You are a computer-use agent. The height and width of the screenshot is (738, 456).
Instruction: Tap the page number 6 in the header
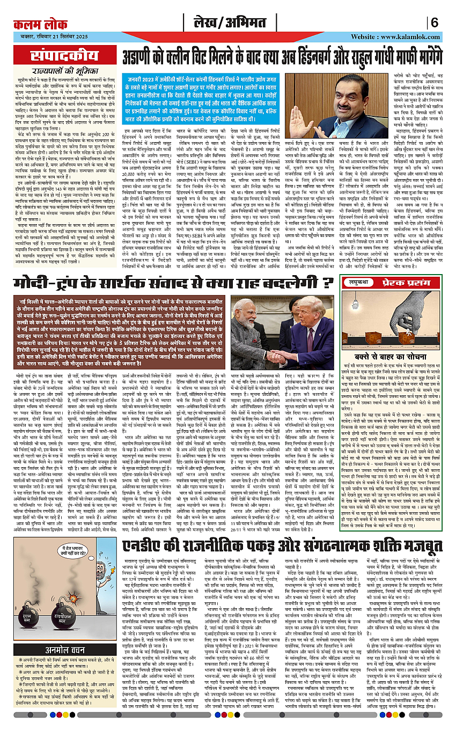pos(434,23)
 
